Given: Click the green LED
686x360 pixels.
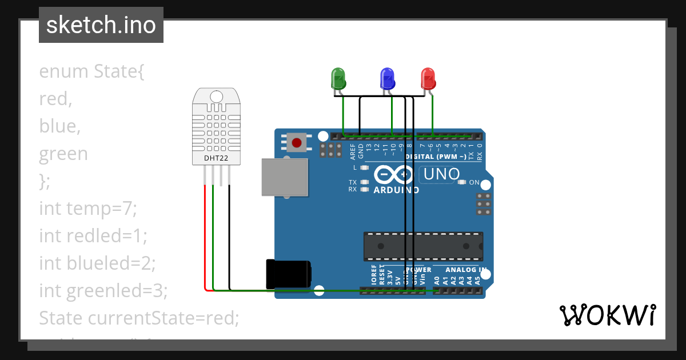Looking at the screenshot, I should (x=338, y=78).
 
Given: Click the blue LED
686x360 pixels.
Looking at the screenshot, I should (x=388, y=78).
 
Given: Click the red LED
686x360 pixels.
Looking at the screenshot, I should (x=428, y=78).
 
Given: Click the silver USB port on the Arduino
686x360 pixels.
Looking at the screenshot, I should (x=284, y=177).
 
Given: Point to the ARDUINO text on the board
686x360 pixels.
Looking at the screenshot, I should (x=396, y=190).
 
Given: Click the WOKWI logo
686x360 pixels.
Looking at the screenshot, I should (x=607, y=314).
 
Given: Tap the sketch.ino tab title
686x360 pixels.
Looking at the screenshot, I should (x=101, y=25).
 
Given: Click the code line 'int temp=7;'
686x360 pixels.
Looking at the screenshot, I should (x=88, y=209).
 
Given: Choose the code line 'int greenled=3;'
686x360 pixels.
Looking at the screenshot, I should (x=103, y=291).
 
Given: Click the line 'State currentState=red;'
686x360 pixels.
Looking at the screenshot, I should (x=139, y=318).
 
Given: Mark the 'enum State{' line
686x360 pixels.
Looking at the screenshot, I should (x=92, y=71).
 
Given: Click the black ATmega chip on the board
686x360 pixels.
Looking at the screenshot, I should (x=423, y=245).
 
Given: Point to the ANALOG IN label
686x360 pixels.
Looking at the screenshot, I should (x=466, y=270).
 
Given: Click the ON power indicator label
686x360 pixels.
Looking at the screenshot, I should (x=474, y=182).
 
